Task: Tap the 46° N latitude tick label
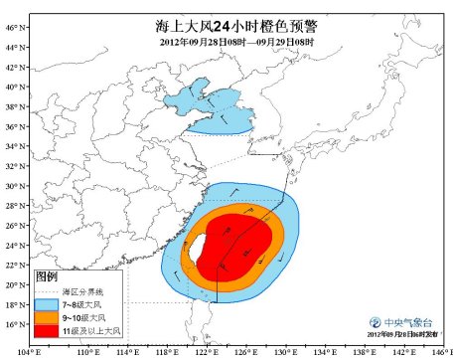coord(13,28)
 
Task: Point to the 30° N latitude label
coord(13,186)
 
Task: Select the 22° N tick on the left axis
coord(13,265)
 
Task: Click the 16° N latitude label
coord(13,324)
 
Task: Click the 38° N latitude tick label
coord(13,106)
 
